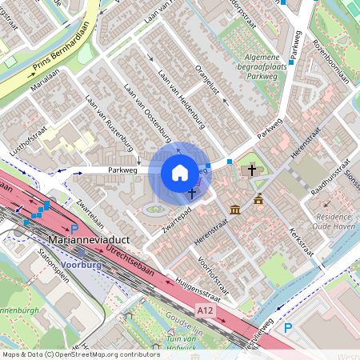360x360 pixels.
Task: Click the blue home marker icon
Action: [x=180, y=173]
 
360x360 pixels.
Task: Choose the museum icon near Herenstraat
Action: [x=234, y=210]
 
